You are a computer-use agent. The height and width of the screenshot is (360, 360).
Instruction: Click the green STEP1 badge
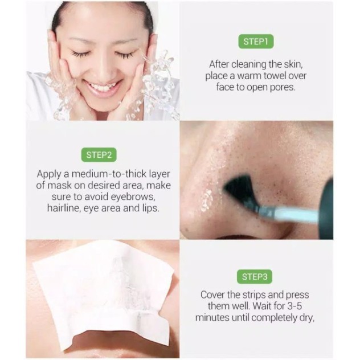click(x=256, y=42)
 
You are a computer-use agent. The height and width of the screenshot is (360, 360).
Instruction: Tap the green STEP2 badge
click(x=99, y=155)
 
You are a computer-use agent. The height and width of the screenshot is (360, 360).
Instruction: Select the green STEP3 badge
click(x=255, y=277)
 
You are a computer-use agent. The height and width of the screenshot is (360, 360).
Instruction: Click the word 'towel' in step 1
click(x=275, y=76)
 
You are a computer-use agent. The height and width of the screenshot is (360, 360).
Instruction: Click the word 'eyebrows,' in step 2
click(x=132, y=197)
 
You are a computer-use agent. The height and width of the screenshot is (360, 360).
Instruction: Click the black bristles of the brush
click(x=238, y=189)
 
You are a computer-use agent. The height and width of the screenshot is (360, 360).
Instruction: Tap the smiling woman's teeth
click(x=103, y=88)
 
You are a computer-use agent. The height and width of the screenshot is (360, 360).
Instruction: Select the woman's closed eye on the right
click(x=124, y=55)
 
